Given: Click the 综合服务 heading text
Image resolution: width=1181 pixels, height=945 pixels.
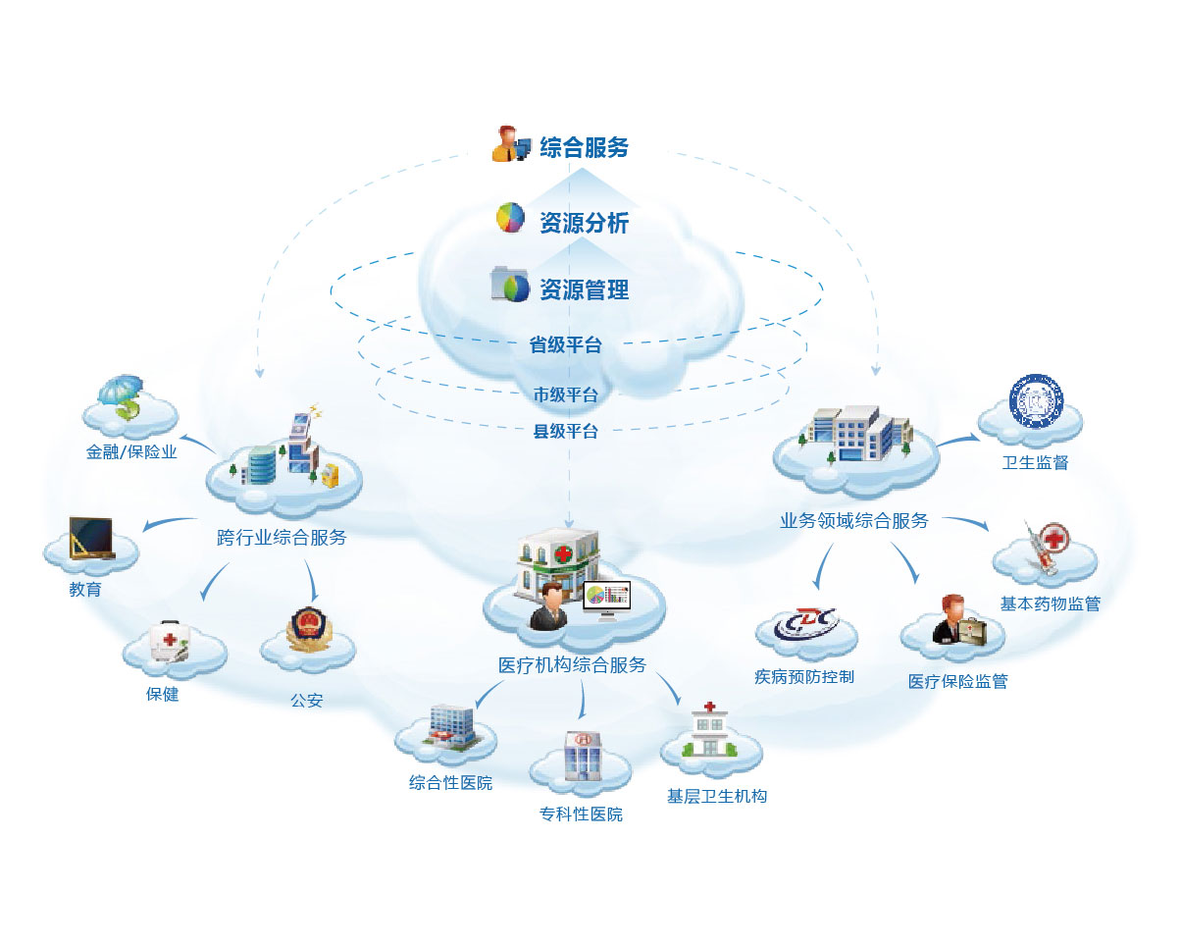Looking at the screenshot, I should tap(584, 147).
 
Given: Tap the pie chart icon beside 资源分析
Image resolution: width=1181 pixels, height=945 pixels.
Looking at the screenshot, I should tap(510, 218).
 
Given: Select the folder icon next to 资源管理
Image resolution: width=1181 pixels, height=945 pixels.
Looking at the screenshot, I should tap(510, 285).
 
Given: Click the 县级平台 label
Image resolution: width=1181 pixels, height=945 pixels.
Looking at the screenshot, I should tap(565, 431).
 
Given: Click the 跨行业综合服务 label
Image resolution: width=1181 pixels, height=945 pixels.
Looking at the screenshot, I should tap(282, 538).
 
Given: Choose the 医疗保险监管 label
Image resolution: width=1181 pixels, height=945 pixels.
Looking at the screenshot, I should tap(957, 681).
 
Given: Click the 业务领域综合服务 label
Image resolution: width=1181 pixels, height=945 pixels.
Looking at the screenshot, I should tap(853, 521).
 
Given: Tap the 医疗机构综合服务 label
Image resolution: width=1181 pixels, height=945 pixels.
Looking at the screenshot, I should tap(572, 665).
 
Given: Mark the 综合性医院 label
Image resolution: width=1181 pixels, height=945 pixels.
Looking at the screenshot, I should tap(450, 783).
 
